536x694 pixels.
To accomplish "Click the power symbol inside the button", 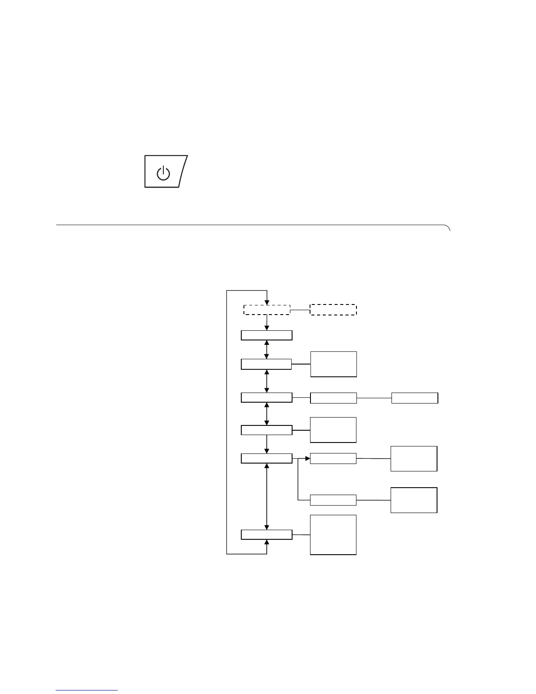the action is point(163,173).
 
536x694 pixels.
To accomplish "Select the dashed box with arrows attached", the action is point(267,309).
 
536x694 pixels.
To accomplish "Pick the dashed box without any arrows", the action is point(333,309).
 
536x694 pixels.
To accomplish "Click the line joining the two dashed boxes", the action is point(300,310).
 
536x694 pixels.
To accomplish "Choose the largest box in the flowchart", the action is point(333,535).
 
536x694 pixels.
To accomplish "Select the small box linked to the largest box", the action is point(267,535).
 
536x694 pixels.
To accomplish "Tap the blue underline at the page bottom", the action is point(87,690).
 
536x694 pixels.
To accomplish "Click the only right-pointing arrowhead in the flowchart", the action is point(307,459).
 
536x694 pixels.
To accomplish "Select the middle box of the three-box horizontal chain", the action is point(333,398).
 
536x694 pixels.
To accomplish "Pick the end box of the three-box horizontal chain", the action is point(414,398).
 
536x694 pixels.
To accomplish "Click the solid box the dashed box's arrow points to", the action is point(267,335).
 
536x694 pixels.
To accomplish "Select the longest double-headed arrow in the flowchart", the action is point(267,496).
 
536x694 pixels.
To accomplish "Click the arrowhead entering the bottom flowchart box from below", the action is point(267,542).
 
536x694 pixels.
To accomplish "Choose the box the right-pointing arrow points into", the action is point(333,459).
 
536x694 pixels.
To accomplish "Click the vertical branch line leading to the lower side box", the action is point(298,480).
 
